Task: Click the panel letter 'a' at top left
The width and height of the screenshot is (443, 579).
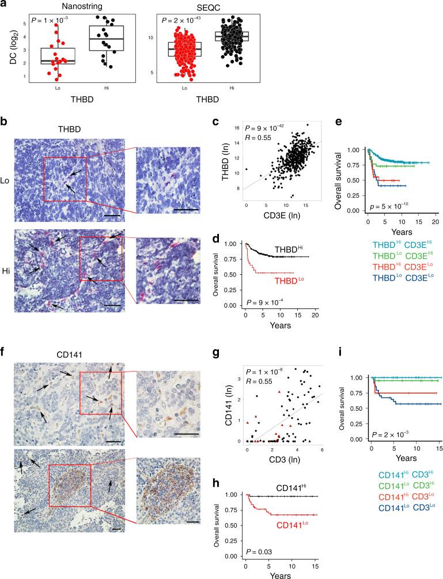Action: pyautogui.click(x=3, y=5)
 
